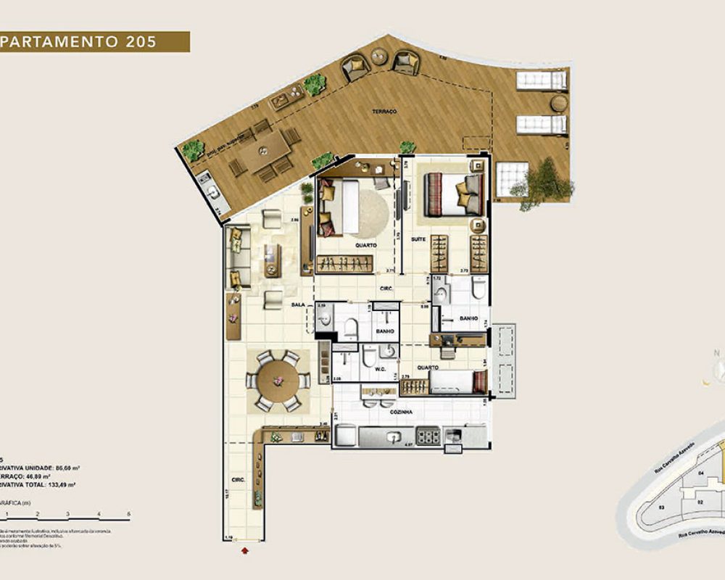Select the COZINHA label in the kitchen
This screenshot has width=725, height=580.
coord(400,412)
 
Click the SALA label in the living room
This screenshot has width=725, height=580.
coord(298,306)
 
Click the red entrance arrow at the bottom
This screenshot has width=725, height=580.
coord(244,551)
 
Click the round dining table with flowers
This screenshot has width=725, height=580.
coord(275,378)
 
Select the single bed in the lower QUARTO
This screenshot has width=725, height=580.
coord(457,381)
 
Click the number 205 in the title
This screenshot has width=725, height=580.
coord(141,41)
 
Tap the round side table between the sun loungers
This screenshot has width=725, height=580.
coord(558,103)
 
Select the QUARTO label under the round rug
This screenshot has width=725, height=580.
coord(365,246)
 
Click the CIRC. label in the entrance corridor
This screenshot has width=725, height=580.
coord(238,480)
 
